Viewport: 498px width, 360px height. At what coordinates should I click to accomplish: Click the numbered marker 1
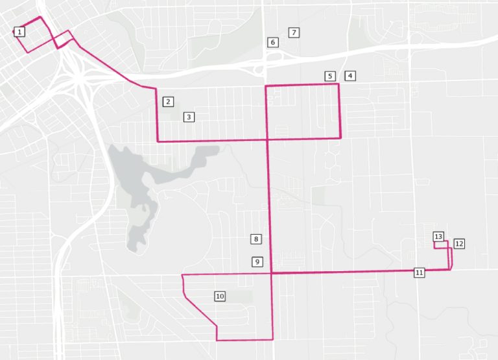[19, 32]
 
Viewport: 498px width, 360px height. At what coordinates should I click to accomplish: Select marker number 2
[168, 102]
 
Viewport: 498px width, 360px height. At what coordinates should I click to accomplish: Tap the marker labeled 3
[189, 117]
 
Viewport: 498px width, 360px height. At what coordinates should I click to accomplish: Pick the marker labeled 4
[350, 76]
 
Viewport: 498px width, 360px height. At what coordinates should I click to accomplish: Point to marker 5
[330, 77]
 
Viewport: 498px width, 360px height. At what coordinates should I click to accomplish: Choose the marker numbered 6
[273, 42]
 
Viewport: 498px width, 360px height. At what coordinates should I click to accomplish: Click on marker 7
[294, 32]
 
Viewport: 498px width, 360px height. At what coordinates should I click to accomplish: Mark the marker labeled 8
[257, 239]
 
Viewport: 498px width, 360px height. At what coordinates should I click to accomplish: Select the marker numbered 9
[257, 262]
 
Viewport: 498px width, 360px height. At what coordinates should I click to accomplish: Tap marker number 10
[220, 296]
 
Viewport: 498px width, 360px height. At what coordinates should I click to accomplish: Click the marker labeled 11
[420, 272]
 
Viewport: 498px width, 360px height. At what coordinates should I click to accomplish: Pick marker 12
[459, 244]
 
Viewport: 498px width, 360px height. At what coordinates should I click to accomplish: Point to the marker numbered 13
[438, 237]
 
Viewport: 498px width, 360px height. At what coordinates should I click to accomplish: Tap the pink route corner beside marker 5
[339, 84]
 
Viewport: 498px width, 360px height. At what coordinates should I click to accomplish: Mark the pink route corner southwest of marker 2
[158, 141]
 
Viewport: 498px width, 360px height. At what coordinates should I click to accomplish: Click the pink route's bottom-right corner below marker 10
[273, 339]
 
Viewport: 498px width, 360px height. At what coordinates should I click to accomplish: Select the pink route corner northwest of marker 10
[183, 275]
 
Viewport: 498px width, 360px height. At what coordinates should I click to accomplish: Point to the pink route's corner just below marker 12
[450, 269]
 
